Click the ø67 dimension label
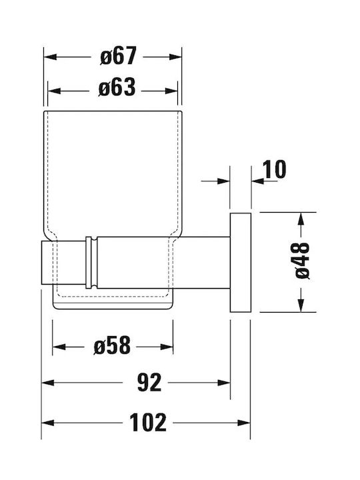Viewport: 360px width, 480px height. click(118, 56)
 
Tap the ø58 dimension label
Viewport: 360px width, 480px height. click(112, 345)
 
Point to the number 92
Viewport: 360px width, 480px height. click(149, 382)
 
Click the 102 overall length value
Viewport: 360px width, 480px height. click(148, 423)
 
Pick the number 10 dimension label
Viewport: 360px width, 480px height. click(274, 169)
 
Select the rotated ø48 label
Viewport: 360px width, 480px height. click(303, 261)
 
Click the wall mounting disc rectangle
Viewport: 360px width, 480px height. click(241, 263)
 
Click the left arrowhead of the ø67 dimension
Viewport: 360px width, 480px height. click(50, 57)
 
